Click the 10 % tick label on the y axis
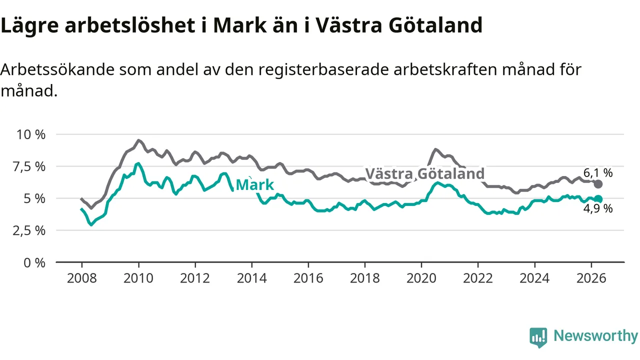[x=31, y=134]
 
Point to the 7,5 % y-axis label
[x=29, y=166]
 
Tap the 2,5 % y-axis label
[x=29, y=230]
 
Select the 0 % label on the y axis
[x=34, y=263]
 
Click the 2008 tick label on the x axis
[x=81, y=278]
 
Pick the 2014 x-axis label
[x=251, y=278]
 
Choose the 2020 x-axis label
[x=421, y=278]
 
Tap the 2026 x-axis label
[x=591, y=278]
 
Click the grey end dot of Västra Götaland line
[x=598, y=184]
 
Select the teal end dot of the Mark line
[x=598, y=199]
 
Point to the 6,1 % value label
[x=598, y=173]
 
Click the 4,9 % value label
[x=598, y=209]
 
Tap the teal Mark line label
[x=255, y=185]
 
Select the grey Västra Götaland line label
[x=425, y=173]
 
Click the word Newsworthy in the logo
[x=596, y=335]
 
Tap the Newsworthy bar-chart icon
[x=538, y=337]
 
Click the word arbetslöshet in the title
[x=130, y=25]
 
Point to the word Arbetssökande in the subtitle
[x=57, y=69]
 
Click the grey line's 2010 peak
[x=138, y=140]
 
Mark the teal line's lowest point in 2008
[x=91, y=225]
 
